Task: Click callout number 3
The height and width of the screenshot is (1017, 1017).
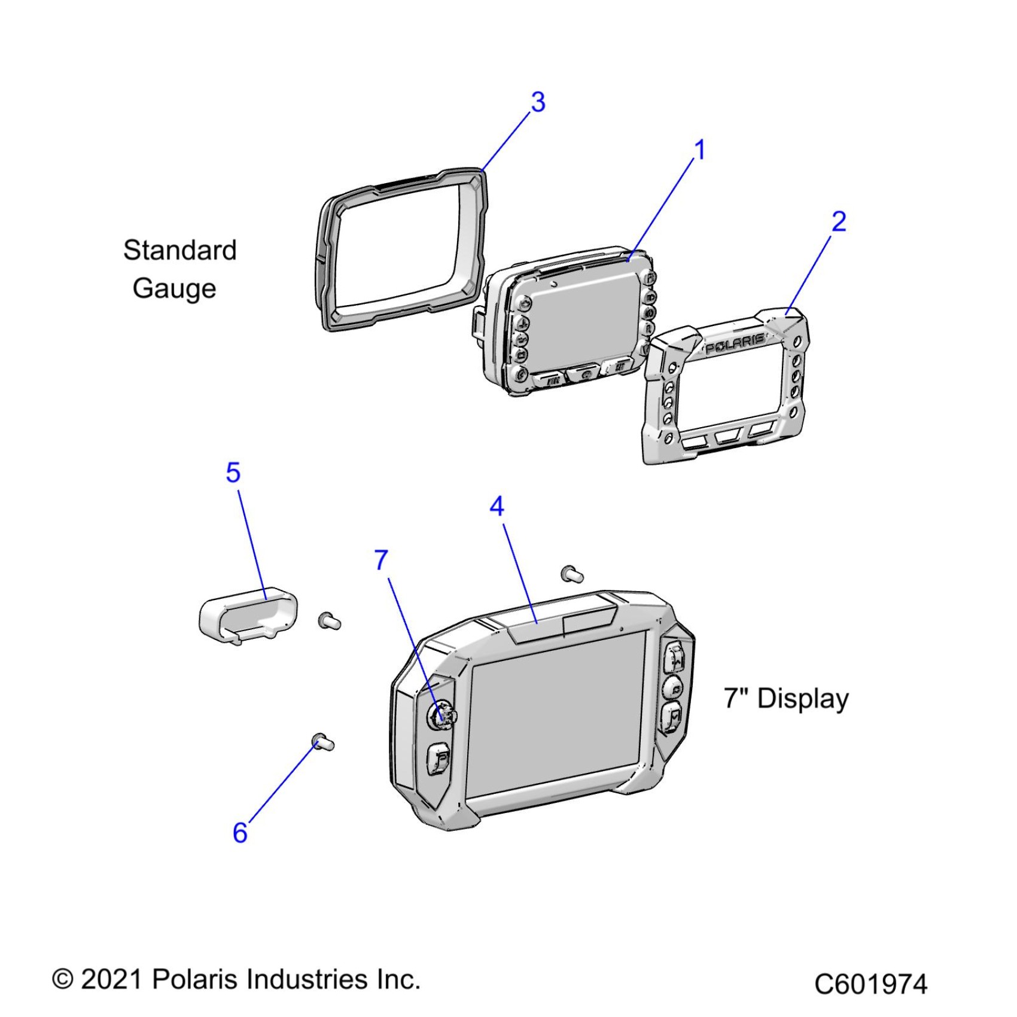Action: [x=538, y=102]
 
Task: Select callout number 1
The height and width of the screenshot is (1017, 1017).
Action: [x=699, y=150]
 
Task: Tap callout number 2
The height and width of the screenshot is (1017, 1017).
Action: [x=839, y=222]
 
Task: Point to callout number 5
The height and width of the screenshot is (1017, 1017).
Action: [x=233, y=473]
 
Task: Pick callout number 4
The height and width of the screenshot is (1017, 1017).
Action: [x=497, y=507]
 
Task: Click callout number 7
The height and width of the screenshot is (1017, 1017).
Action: [x=381, y=561]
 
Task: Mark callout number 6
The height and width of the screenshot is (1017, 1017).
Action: [x=240, y=833]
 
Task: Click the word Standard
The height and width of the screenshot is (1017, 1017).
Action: [x=179, y=250]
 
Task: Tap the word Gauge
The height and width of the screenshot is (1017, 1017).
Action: [x=174, y=288]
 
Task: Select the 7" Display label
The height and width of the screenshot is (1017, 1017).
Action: [x=786, y=699]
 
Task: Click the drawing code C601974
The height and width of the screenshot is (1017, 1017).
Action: [x=870, y=984]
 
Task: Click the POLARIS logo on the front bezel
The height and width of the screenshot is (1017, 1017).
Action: [x=735, y=345]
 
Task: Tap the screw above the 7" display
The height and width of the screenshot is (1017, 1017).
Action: [x=572, y=574]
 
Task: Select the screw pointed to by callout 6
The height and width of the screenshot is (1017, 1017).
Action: [x=323, y=743]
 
